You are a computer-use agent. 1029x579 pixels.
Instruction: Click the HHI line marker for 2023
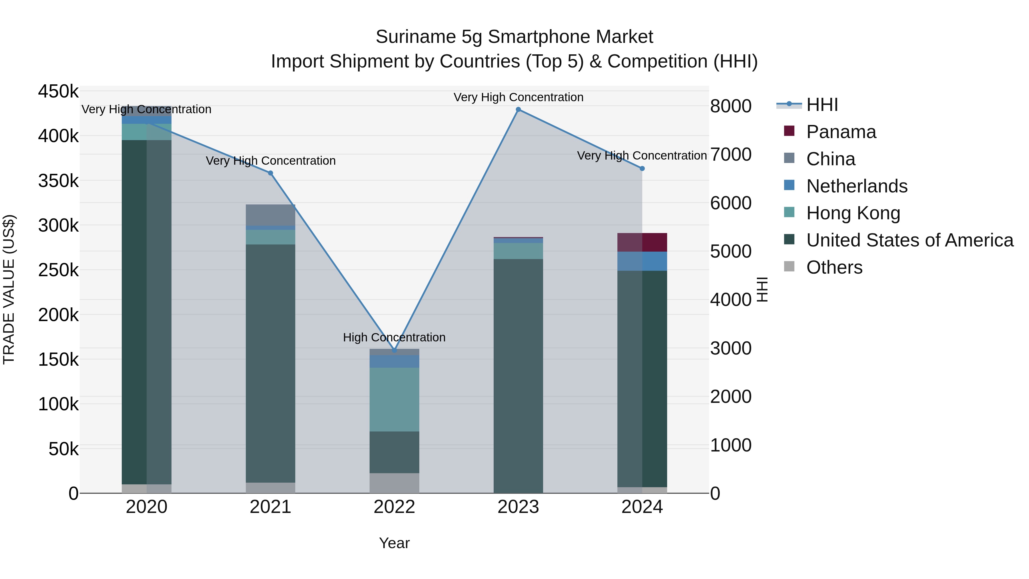point(518,110)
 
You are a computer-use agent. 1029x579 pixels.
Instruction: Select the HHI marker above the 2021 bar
point(270,173)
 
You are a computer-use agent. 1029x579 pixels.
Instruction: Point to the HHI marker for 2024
point(642,169)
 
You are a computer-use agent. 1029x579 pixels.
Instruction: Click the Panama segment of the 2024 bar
point(642,242)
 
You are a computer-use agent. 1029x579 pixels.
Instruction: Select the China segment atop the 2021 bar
point(270,215)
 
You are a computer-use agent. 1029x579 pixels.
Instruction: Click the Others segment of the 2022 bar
point(394,483)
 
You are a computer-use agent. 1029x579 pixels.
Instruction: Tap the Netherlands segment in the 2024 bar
point(642,261)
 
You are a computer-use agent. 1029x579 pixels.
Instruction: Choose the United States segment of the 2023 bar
point(518,376)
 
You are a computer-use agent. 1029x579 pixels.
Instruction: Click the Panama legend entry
point(841,132)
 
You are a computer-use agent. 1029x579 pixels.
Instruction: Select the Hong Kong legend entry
point(853,213)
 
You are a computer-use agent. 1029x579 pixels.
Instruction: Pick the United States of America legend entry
point(910,240)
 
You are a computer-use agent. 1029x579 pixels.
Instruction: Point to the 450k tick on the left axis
point(58,91)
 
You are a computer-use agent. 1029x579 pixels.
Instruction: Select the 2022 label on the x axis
point(394,507)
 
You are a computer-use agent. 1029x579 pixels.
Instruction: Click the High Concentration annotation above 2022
point(394,337)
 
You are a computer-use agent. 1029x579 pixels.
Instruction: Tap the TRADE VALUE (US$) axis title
point(9,289)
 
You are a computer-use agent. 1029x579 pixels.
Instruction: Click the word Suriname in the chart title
point(415,37)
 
